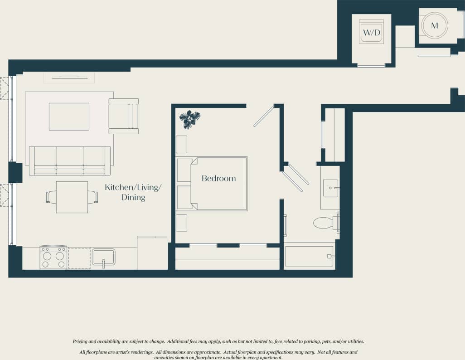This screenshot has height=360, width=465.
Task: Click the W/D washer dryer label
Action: click(371, 33)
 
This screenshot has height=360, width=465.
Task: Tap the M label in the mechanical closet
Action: click(435, 26)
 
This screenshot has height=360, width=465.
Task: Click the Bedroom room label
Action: click(218, 179)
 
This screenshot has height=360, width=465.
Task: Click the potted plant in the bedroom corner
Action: click(189, 119)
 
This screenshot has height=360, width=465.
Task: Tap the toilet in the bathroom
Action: click(324, 223)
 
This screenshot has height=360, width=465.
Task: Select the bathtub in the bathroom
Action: click(309, 256)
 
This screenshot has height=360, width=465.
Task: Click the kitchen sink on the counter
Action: click(104, 257)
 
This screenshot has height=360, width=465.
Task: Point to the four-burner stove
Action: click(53, 258)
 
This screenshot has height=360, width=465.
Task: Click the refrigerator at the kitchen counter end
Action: click(152, 253)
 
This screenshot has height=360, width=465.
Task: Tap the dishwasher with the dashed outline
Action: click(79, 258)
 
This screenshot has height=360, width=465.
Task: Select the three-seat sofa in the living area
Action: click(70, 160)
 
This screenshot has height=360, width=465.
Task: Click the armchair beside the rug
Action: click(123, 116)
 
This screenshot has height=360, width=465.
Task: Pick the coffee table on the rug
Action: click(69, 117)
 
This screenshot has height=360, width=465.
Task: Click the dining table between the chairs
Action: click(72, 197)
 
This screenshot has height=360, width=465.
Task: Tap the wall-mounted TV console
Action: click(69, 78)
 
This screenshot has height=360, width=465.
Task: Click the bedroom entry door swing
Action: click(264, 117)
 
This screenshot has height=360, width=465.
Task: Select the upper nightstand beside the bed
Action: click(181, 144)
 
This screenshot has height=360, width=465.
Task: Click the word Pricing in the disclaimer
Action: click(82, 341)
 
